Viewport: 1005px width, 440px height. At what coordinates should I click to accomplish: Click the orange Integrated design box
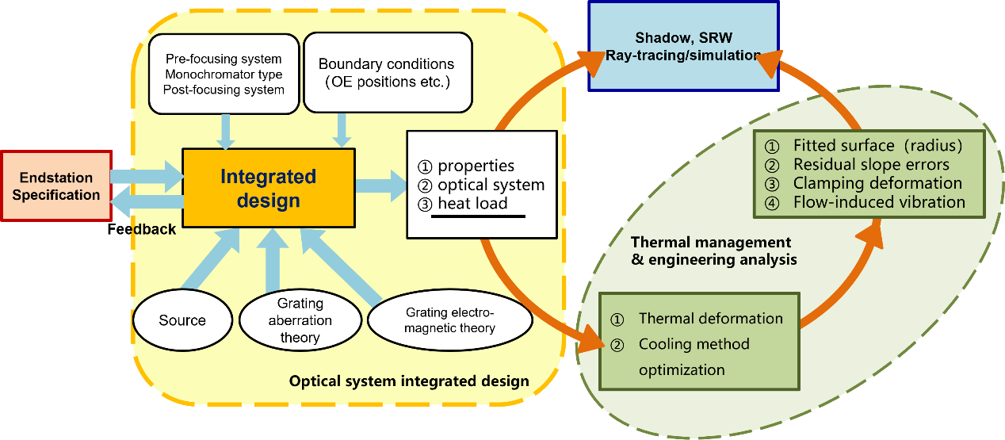(x=268, y=188)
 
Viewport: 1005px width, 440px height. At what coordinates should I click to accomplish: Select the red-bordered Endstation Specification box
(x=55, y=186)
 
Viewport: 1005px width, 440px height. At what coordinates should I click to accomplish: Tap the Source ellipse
(x=182, y=320)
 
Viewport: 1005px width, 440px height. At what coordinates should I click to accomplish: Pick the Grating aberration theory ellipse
(x=300, y=320)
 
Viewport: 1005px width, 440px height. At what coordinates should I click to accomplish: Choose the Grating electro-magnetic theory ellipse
(x=449, y=320)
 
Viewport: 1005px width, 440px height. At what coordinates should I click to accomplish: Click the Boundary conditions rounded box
(x=386, y=71)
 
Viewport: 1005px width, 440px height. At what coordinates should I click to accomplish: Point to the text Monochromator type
(x=224, y=75)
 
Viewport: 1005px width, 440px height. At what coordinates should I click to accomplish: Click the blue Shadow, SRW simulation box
(x=683, y=46)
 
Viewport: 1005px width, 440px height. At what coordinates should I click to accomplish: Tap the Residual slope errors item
(x=871, y=164)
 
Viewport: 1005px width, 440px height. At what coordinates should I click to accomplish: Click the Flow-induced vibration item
(x=879, y=201)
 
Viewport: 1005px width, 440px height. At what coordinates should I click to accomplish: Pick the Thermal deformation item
(x=710, y=319)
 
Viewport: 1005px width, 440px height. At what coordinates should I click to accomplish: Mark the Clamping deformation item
(x=877, y=183)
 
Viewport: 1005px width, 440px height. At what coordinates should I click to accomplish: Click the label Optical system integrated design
(x=409, y=381)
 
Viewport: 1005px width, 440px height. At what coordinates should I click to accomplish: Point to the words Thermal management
(x=711, y=242)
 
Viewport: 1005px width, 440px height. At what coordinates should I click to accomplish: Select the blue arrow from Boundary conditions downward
(x=342, y=128)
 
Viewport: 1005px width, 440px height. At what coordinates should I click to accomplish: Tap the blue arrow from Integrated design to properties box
(x=379, y=186)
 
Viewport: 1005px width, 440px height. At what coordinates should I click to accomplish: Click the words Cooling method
(x=694, y=344)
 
